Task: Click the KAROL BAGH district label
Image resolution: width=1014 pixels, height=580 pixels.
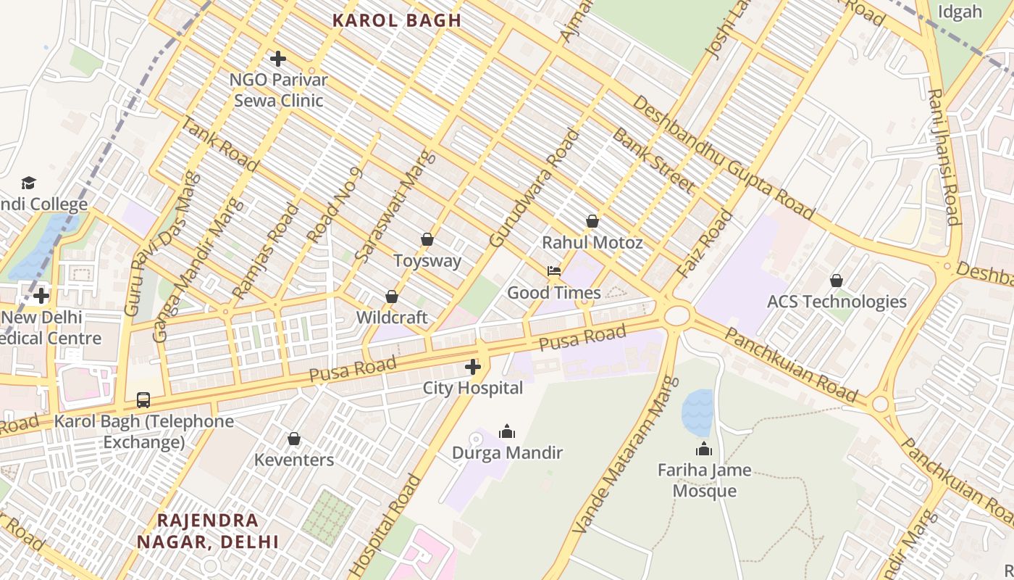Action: click(x=396, y=20)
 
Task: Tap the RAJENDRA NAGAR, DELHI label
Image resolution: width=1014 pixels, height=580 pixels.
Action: click(x=208, y=531)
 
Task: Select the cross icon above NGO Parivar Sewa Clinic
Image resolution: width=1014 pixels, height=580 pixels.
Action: click(x=277, y=58)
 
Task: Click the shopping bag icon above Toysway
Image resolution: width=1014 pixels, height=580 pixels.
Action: click(x=427, y=239)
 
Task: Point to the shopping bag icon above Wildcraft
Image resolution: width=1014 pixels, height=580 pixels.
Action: click(x=392, y=297)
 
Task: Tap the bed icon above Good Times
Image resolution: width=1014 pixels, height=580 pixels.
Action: click(x=554, y=271)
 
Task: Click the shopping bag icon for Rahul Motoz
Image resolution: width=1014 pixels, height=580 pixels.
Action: click(x=592, y=221)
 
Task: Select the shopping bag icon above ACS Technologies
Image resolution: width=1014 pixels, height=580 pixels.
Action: click(x=837, y=280)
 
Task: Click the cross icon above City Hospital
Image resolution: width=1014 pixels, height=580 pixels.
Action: click(x=473, y=367)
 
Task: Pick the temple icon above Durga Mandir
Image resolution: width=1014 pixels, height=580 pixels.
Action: click(x=507, y=432)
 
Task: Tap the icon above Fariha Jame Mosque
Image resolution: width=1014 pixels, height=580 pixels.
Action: click(x=703, y=449)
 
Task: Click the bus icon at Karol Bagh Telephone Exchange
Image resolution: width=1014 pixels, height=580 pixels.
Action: click(x=143, y=399)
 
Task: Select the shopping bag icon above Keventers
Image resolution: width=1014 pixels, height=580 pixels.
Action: click(x=294, y=439)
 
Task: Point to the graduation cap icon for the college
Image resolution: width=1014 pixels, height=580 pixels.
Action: click(x=28, y=183)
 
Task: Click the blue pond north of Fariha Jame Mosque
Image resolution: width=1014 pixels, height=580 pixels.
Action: click(x=697, y=413)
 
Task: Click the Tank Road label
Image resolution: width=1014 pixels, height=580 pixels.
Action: click(x=219, y=145)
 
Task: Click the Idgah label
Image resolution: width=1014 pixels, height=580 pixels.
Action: click(x=960, y=12)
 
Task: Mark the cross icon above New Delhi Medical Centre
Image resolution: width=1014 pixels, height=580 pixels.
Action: click(x=41, y=296)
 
